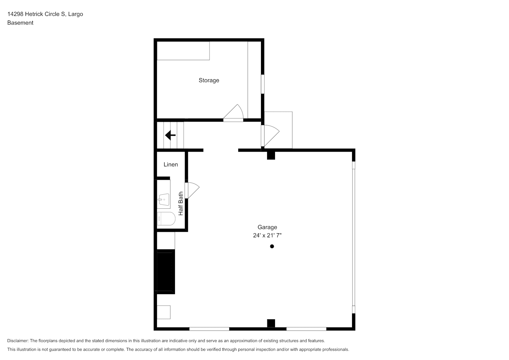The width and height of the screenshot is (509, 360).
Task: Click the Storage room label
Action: pos(209,80)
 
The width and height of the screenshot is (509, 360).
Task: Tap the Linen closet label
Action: pos(171,164)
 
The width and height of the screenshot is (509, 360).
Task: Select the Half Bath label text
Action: pos(181,203)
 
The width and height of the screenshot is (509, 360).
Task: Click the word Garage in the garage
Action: pos(267,227)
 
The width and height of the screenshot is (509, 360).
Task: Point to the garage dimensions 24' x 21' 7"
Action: pos(267,235)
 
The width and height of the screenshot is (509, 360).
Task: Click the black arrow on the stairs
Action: pos(170,135)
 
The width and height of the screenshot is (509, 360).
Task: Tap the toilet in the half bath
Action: pos(166,219)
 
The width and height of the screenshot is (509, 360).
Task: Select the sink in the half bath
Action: pos(163,199)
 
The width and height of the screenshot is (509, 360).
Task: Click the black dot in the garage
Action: pos(272,246)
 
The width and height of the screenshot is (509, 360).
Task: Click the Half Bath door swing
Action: pos(192,190)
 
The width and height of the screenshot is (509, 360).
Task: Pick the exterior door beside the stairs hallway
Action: pos(270,136)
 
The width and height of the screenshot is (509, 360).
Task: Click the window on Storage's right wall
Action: pos(262,84)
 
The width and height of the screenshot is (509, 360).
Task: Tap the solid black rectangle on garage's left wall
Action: pos(166,271)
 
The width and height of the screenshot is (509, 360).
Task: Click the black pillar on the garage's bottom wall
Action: pos(271,323)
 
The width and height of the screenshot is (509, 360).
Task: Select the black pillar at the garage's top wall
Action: pos(271,156)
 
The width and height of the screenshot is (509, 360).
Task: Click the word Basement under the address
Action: pos(20,23)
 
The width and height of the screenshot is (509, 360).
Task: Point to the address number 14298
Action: pos(15,14)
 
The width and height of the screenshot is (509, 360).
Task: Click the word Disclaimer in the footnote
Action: pos(18,341)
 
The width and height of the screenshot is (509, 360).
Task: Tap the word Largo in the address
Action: pos(76,14)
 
